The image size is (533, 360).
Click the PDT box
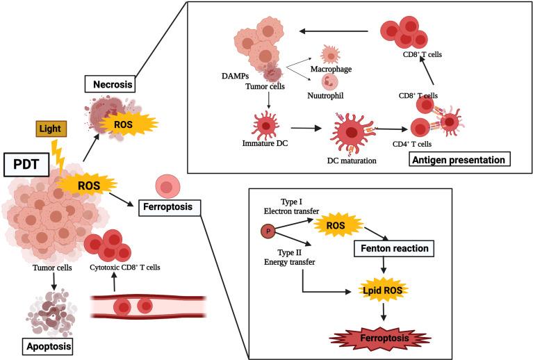pos(26,165)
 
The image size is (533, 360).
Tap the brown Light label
pos(51,129)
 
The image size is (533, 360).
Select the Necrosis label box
pos(110,84)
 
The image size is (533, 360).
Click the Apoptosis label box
pos(48,346)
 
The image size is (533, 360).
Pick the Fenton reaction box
pos(394,249)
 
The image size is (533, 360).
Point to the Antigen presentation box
pos(459,159)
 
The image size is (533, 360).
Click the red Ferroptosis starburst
pos(381,338)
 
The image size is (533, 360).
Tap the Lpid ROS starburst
pos(382,290)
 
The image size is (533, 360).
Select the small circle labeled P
pos(268,231)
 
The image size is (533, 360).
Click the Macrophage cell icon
pos(330,54)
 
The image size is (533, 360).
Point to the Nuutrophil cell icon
pos(327,82)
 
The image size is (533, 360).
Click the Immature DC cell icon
pos(265,125)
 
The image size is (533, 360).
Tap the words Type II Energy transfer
pos(289,257)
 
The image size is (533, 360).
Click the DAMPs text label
pos(235,76)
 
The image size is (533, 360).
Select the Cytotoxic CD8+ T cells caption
pos(125,268)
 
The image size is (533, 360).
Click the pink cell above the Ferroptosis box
pos(167,187)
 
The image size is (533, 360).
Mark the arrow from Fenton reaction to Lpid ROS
pos(384,265)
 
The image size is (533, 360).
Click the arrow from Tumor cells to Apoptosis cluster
pos(54,281)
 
